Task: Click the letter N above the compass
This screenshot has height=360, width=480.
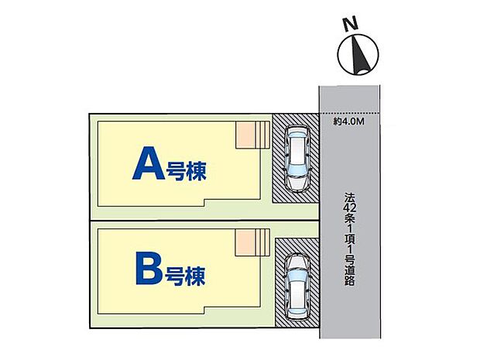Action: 351,24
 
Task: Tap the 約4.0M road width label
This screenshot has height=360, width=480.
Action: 349,122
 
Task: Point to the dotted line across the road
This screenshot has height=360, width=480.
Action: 350,114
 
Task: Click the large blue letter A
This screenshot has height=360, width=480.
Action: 149,163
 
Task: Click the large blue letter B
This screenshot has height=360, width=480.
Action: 149,268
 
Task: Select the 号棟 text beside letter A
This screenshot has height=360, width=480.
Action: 186,171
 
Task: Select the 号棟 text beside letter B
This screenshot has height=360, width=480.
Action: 185,276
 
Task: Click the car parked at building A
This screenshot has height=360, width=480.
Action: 297,159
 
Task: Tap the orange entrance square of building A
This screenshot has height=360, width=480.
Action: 245,135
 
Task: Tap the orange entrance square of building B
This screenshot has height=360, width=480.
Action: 245,242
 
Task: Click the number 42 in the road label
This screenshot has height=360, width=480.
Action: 350,208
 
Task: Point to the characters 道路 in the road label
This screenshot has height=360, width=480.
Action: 350,276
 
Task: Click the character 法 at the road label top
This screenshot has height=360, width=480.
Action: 350,197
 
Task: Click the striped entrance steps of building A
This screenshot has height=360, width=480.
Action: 262,135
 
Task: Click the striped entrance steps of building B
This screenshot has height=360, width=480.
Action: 262,242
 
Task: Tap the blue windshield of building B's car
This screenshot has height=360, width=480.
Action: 297,273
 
